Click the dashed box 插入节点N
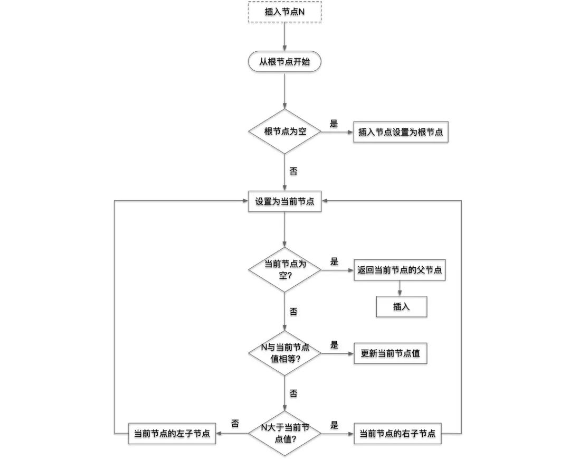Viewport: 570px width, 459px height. coord(284,12)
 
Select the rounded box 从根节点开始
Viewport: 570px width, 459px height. coord(284,62)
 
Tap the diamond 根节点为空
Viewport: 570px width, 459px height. coord(284,132)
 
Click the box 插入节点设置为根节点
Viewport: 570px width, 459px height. coord(401,132)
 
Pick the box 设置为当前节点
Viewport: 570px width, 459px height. coord(284,201)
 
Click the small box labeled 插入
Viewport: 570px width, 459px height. coord(401,306)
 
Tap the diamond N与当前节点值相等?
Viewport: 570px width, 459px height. coord(284,353)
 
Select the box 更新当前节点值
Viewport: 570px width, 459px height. coord(390,353)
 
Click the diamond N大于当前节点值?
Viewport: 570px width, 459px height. coord(284,433)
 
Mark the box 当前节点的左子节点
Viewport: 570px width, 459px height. coord(172,434)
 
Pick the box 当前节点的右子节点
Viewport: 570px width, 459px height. coord(397,434)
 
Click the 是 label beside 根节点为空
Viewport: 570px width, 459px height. coord(334,124)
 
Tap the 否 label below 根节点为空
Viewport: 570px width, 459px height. coord(293,171)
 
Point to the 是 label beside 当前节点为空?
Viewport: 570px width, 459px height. coord(334,261)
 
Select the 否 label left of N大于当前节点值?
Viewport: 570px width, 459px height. coord(235,424)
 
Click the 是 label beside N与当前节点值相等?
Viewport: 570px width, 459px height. coord(334,345)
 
